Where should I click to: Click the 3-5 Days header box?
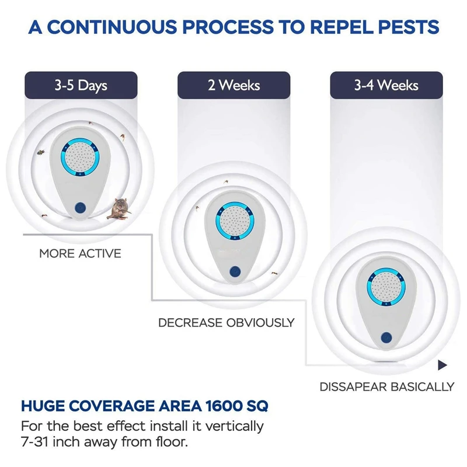(81, 85)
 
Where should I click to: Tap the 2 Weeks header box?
(233, 85)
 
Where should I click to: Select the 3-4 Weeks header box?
(386, 85)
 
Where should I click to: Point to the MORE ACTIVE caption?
(80, 254)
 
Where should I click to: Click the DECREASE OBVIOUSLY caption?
(226, 322)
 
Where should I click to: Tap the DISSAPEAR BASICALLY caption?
(386, 386)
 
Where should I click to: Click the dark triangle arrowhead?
(442, 365)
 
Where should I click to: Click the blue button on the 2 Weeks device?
(234, 272)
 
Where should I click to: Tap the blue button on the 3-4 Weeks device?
(386, 337)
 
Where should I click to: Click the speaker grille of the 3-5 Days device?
(81, 158)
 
